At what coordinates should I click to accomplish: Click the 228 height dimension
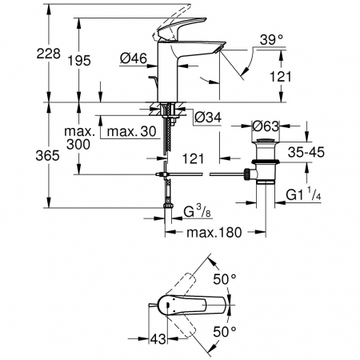pyautogui.click(x=49, y=54)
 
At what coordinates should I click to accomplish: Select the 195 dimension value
pyautogui.click(x=79, y=61)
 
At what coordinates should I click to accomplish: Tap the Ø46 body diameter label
pyautogui.click(x=134, y=58)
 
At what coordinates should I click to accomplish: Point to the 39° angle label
pyautogui.click(x=271, y=40)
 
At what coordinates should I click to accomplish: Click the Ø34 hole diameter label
pyautogui.click(x=208, y=117)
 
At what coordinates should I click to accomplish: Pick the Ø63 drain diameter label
pyautogui.click(x=266, y=126)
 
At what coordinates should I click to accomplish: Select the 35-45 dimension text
pyautogui.click(x=306, y=152)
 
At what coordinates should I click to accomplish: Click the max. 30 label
pyautogui.click(x=131, y=131)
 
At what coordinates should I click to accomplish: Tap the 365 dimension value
pyautogui.click(x=48, y=155)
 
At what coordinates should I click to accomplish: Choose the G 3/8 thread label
pyautogui.click(x=197, y=212)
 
